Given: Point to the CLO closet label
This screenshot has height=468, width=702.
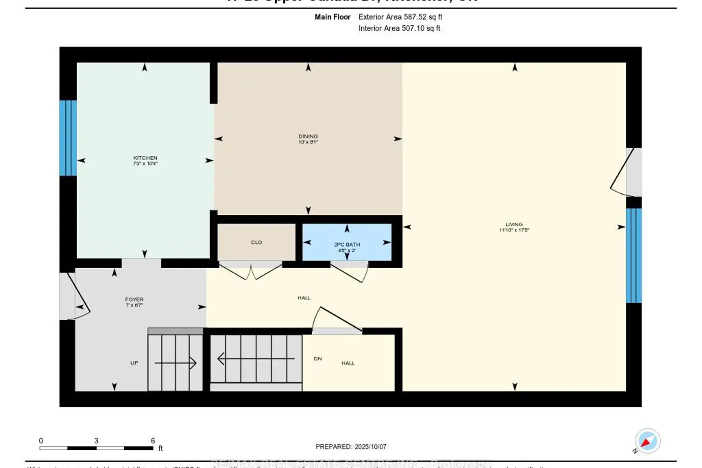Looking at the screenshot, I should (256, 242).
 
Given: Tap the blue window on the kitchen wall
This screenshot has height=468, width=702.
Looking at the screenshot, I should (68, 138).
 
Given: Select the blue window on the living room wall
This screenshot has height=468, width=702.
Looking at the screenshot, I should (634, 256).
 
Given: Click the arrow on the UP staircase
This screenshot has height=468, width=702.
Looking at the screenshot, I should (175, 363).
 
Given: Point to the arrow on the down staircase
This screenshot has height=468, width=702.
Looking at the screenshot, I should (256, 359).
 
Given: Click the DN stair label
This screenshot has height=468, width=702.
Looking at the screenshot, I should (318, 359).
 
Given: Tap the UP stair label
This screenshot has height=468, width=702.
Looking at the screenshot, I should (134, 363).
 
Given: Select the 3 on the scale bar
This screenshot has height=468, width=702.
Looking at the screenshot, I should (96, 441).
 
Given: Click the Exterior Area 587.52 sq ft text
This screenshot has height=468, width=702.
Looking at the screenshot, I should (400, 17).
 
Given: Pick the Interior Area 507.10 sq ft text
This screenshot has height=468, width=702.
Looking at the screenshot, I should (399, 29).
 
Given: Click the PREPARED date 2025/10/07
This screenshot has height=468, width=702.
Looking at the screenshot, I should (351, 447).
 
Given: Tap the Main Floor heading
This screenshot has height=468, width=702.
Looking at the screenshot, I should (332, 17).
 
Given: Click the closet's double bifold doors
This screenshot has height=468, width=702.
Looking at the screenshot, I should (251, 272).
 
